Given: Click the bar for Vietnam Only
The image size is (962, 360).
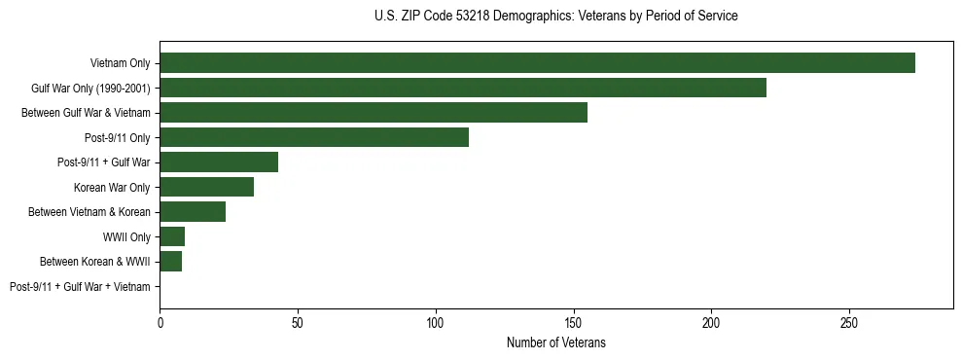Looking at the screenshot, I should point(537,63).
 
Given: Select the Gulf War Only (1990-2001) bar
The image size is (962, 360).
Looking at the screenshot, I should point(463,88).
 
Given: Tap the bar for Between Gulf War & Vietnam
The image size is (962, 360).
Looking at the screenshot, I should point(374,113).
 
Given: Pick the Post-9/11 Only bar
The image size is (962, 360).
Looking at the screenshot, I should point(314,137).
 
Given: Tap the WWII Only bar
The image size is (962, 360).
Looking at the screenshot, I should point(172,236).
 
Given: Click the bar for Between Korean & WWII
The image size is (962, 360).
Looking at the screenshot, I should point(171,262).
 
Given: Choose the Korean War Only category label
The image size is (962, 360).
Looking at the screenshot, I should point(112,187).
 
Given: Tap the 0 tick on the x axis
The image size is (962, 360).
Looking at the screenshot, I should point(160,322).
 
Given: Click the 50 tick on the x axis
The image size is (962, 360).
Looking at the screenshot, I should point(298,322).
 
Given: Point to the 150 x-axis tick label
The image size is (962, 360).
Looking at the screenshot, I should point(574,322).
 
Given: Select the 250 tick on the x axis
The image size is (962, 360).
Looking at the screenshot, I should point(849,322).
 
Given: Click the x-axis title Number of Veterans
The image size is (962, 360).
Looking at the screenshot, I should point(556,342).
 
